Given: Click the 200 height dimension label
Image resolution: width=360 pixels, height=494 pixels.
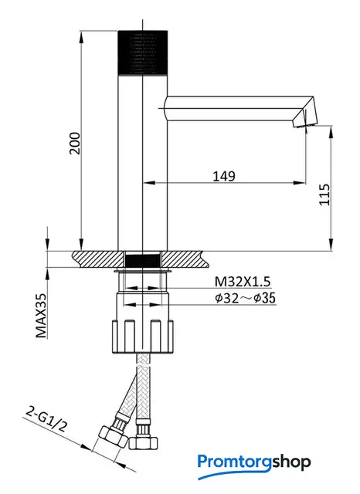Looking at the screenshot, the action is point(75,144).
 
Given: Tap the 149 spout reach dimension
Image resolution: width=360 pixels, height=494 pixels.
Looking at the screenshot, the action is point(224,176).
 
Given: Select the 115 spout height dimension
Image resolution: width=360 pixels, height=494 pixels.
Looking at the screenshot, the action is point(324,195).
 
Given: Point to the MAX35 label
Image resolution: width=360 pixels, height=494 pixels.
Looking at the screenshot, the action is point(41,316).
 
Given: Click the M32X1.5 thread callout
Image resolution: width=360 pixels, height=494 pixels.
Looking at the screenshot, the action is point(243,282).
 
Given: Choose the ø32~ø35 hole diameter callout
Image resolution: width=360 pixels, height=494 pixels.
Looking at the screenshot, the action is point(245,298).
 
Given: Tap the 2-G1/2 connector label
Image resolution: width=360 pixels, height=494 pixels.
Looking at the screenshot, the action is point(46,420).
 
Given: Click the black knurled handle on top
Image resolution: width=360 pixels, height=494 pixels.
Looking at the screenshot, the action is point(142,53).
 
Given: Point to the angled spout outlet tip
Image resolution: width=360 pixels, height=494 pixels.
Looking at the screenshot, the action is point(304,119).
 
